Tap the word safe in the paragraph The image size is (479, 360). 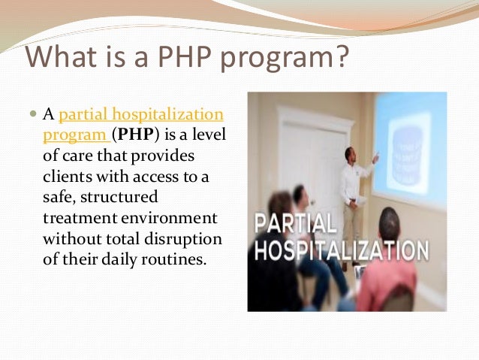tap(57, 197)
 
